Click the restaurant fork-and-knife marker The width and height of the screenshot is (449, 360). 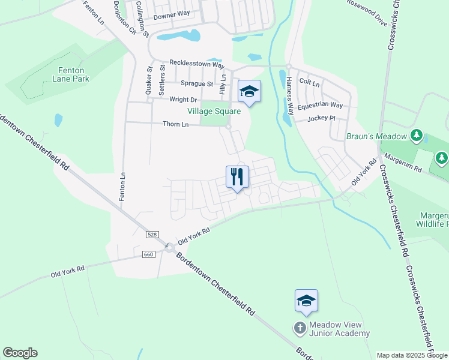[x=237, y=177]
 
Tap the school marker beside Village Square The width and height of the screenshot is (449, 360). [x=249, y=92]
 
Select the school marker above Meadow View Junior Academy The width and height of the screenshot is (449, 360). [x=306, y=301]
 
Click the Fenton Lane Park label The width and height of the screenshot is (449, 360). [x=70, y=74]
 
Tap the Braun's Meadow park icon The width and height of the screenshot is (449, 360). [x=416, y=136]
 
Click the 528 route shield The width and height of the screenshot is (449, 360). [x=151, y=233]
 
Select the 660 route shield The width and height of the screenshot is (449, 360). [x=149, y=254]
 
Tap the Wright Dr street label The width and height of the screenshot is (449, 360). [x=183, y=100]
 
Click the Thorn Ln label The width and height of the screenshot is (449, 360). [x=175, y=124]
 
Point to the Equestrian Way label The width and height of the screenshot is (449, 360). [x=321, y=105]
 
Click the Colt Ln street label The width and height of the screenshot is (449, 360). [x=310, y=82]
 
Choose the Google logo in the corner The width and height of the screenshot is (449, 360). [x=20, y=353]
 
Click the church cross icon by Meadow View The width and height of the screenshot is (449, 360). [x=300, y=328]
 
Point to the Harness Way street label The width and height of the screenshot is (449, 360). [x=290, y=96]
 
